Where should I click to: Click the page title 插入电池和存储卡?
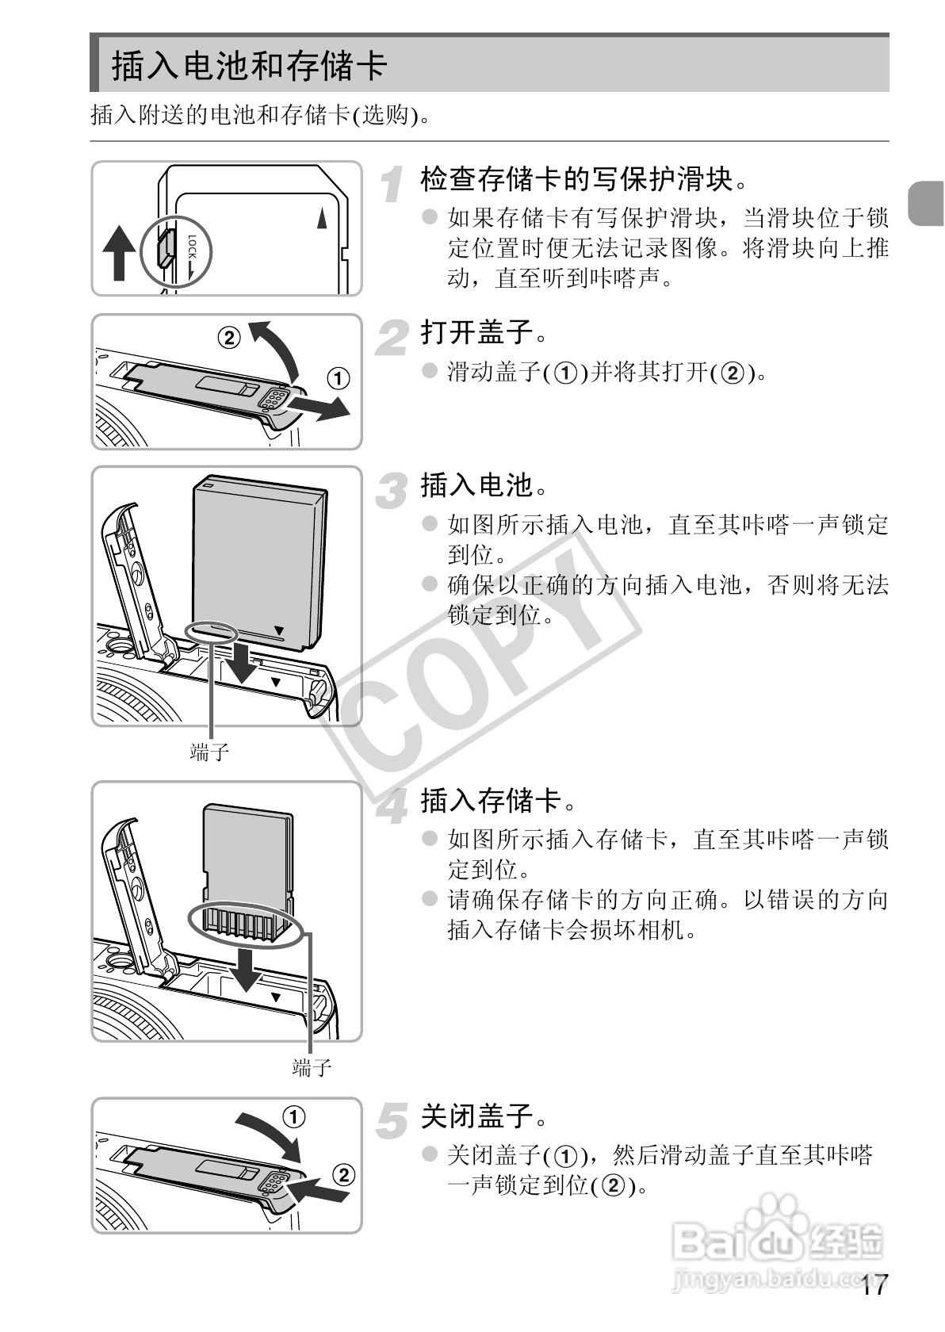pyautogui.click(x=249, y=65)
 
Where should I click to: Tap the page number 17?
pyautogui.click(x=874, y=1285)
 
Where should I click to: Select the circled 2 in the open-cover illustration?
pyautogui.click(x=228, y=338)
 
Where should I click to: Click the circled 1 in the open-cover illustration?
pyautogui.click(x=339, y=378)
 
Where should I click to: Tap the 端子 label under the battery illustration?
pyautogui.click(x=210, y=752)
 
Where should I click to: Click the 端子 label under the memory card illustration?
pyautogui.click(x=312, y=1067)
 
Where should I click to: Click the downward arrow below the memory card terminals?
pyautogui.click(x=247, y=969)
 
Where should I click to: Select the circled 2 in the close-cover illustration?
pyautogui.click(x=342, y=1173)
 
